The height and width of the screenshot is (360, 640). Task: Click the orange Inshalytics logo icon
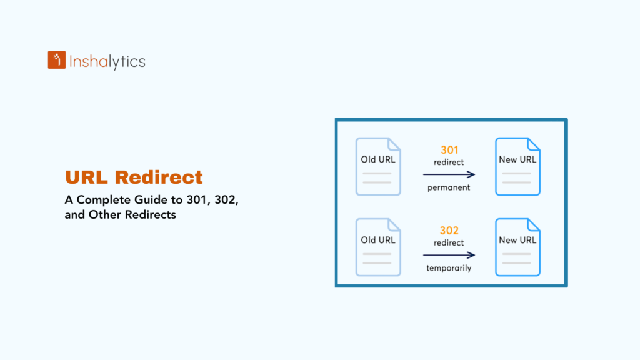point(57,60)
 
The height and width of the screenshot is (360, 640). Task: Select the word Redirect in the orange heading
point(159,177)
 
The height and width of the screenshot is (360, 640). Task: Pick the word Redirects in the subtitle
point(150,215)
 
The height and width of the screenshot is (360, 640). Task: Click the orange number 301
point(449,150)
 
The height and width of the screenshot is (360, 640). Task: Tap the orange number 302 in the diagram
point(449,231)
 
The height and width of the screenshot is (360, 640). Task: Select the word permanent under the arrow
point(449,187)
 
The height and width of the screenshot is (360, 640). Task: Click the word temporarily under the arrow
point(449,268)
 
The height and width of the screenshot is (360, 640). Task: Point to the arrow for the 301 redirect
point(449,175)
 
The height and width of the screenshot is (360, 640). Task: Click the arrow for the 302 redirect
point(449,255)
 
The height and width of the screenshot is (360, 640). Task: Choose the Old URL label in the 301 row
point(378,159)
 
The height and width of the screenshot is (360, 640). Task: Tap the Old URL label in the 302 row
point(378,240)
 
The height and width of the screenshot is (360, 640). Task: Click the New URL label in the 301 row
point(517,159)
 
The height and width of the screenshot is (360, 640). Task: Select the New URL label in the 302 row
point(517,240)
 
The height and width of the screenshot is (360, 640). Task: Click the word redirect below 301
point(449,162)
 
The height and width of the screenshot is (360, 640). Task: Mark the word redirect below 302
point(449,242)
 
